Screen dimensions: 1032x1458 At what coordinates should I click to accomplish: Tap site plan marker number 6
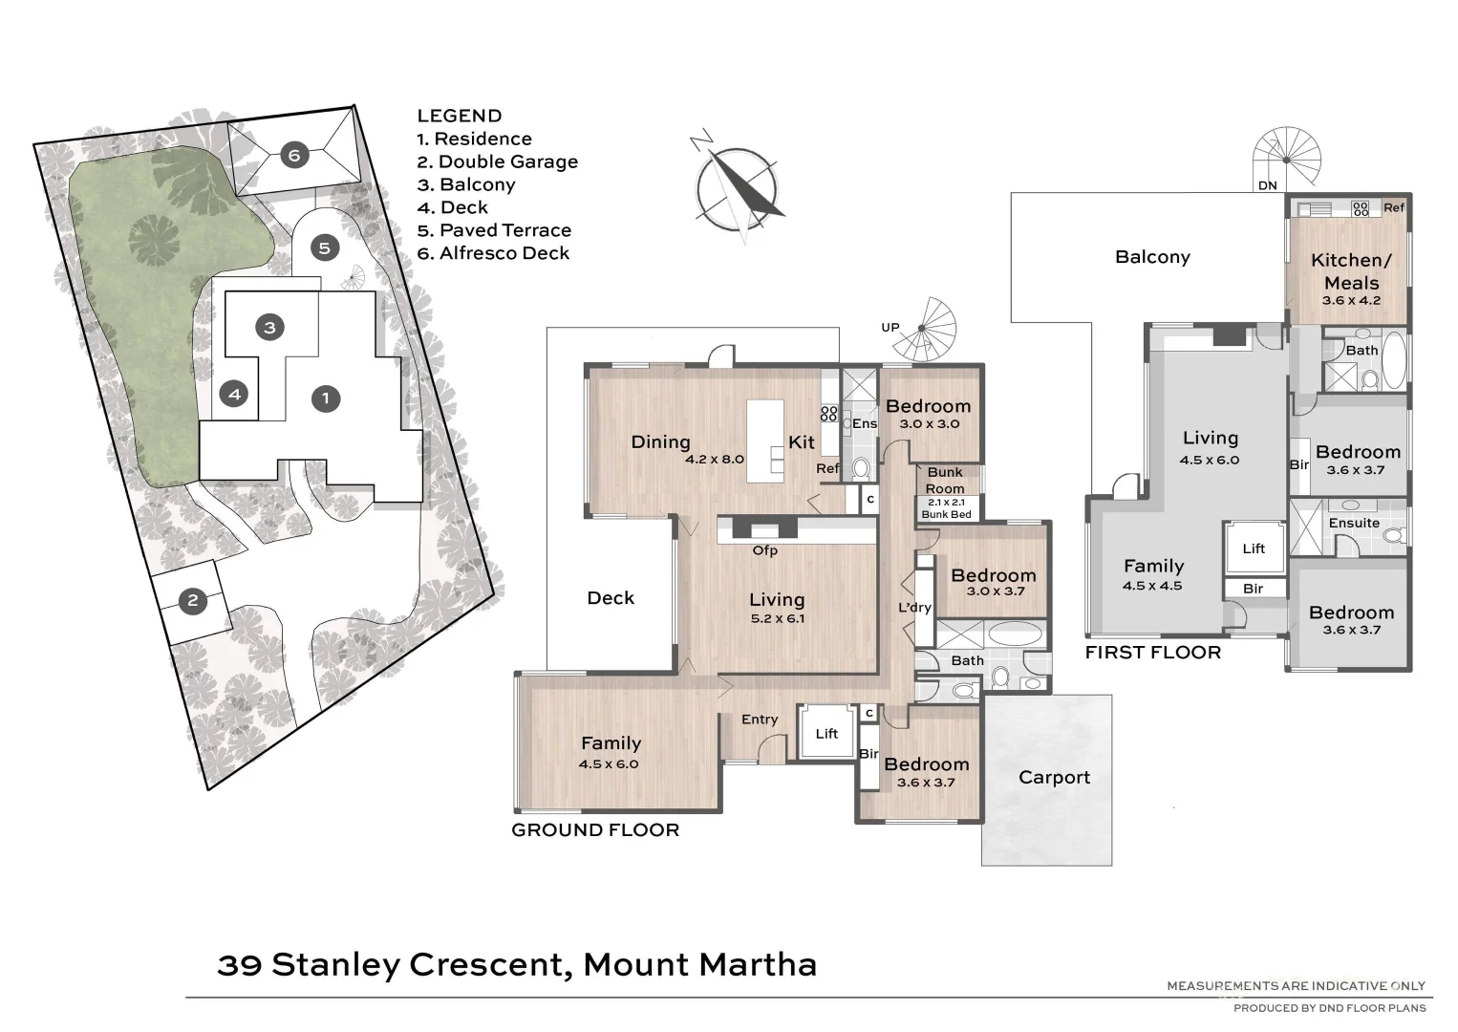(x=294, y=156)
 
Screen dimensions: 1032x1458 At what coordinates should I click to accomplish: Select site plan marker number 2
(x=193, y=600)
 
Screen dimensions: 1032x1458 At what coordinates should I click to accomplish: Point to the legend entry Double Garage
(x=498, y=161)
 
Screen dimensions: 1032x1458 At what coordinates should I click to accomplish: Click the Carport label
(x=1054, y=777)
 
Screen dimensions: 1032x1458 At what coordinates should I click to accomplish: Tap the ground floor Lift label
(x=826, y=734)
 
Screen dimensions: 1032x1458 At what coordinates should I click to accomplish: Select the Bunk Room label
(x=945, y=480)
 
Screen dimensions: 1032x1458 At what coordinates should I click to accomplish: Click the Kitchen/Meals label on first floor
(x=1351, y=270)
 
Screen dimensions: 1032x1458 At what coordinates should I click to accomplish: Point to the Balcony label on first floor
(x=1152, y=257)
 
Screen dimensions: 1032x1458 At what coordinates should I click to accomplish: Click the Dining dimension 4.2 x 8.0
(x=715, y=460)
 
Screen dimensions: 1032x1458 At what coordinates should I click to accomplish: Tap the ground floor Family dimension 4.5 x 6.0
(x=609, y=764)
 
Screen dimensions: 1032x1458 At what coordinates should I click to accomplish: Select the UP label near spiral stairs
(x=890, y=328)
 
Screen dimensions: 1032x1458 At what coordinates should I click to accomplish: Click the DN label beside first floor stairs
(x=1267, y=185)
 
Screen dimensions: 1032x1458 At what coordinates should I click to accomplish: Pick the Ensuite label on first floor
(x=1354, y=523)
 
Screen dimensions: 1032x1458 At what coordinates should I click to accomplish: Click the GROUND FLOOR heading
(x=595, y=829)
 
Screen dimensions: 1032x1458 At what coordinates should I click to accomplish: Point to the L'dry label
(x=914, y=608)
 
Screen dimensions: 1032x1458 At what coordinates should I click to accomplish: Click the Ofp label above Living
(x=764, y=550)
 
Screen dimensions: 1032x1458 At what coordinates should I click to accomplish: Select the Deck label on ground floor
(x=611, y=598)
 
